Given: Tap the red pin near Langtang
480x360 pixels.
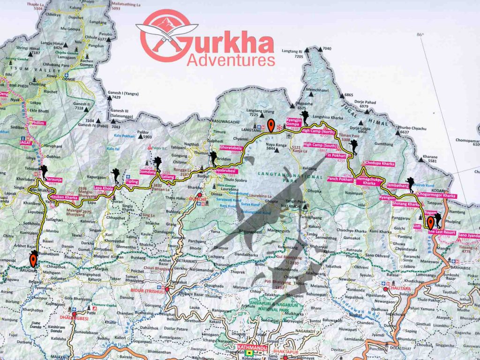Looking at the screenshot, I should (271, 126).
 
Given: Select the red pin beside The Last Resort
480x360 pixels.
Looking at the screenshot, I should (430, 223).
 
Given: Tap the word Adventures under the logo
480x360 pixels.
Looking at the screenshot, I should (231, 60).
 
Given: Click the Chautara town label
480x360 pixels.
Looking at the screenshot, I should (398, 289).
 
